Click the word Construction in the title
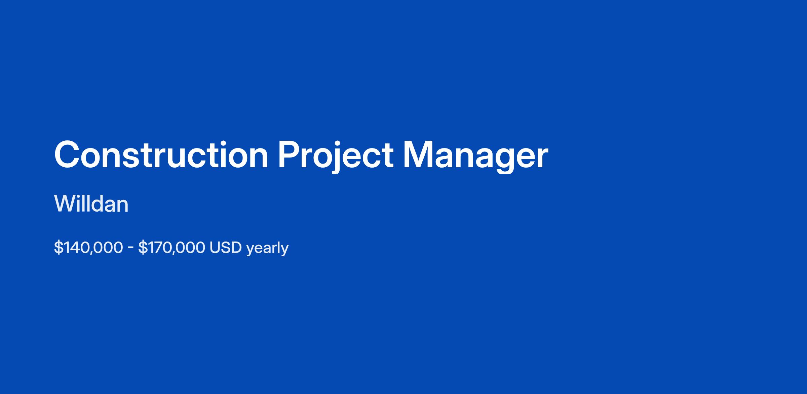pos(161,155)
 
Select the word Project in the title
pos(336,157)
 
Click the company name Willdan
pos(91,204)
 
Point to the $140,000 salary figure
pos(88,248)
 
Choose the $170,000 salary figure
pos(171,248)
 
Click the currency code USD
pos(226,248)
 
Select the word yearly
pos(267,248)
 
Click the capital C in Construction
pos(67,155)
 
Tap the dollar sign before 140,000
pos(59,248)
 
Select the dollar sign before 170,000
pos(143,248)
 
